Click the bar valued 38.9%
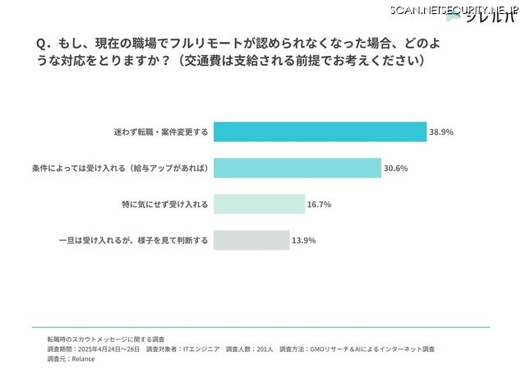(x=320, y=132)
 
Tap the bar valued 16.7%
(x=259, y=204)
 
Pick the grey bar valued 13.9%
(x=251, y=240)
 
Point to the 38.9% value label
(x=441, y=132)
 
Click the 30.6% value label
(x=395, y=168)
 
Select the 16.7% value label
(x=318, y=204)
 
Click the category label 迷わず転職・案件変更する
(x=160, y=132)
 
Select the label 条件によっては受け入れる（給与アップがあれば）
(x=119, y=168)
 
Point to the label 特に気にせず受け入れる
(x=164, y=204)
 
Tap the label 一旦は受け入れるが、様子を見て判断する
(x=134, y=240)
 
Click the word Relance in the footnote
(x=83, y=358)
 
